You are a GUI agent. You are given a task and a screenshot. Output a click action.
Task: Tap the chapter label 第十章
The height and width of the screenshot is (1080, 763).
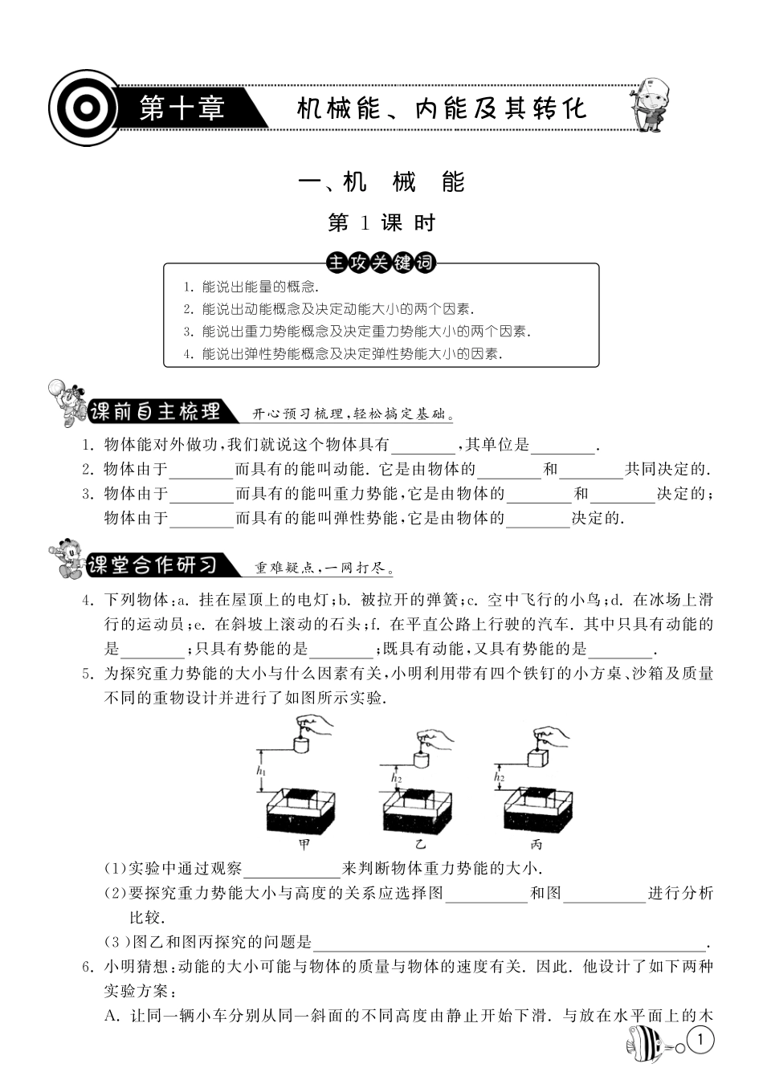(182, 108)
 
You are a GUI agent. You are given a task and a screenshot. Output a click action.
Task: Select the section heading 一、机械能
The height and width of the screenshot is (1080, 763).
(381, 182)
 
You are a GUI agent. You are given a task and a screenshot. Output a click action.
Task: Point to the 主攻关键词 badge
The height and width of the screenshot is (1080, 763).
(381, 263)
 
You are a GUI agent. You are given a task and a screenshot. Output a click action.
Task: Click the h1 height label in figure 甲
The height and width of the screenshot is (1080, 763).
(260, 771)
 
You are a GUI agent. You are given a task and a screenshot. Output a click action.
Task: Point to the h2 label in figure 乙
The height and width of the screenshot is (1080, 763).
(396, 777)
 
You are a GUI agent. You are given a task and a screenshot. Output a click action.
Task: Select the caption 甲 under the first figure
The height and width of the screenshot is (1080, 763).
(304, 844)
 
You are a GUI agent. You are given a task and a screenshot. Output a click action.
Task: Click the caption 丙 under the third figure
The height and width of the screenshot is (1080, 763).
(537, 844)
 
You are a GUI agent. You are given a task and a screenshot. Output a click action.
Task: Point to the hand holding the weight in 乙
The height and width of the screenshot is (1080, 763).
(435, 738)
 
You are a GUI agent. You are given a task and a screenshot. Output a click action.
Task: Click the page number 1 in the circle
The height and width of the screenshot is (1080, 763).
(701, 1041)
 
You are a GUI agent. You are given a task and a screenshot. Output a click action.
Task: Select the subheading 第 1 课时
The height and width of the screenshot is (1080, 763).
(381, 222)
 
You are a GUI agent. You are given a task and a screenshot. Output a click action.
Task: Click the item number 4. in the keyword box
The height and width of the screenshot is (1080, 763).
(188, 353)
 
